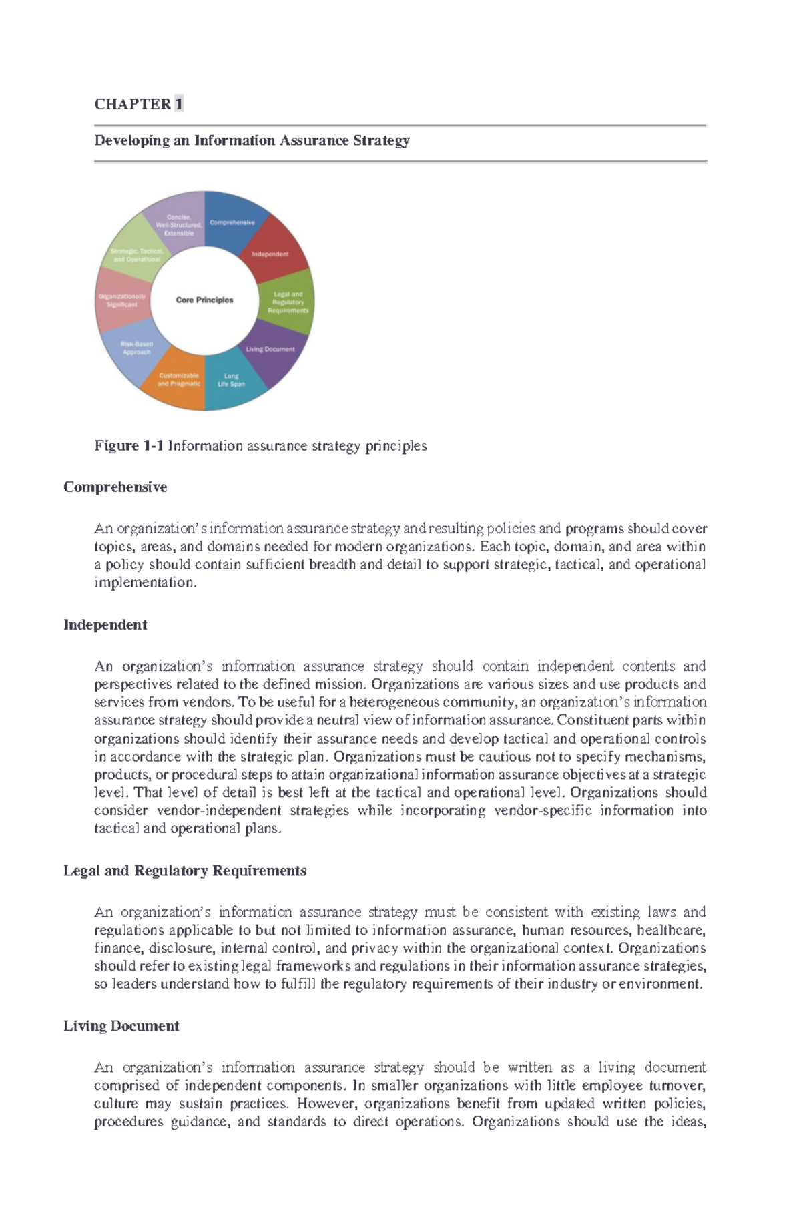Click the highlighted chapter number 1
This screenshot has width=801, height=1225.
pos(178,104)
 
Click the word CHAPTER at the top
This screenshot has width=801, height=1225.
pos(132,104)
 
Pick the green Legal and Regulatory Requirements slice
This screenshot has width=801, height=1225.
pos(288,302)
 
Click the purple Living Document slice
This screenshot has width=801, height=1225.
pos(271,350)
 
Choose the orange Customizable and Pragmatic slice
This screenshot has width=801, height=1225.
pos(179,380)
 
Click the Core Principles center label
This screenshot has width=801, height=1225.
pos(204,300)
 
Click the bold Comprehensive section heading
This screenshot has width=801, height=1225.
pos(115,487)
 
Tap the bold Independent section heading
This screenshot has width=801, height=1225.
pos(105,625)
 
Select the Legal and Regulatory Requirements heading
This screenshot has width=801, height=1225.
pos(185,871)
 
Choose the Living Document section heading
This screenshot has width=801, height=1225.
pos(121,1026)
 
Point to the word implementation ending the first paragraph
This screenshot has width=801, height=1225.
pos(145,583)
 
